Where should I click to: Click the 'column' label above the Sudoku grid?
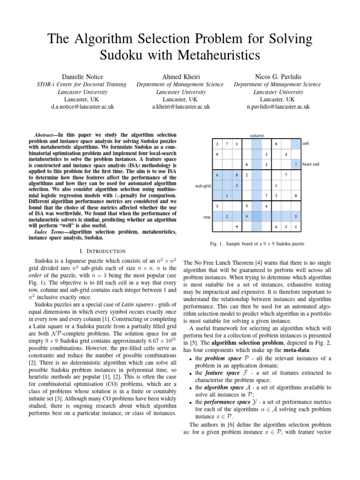coord(257,135)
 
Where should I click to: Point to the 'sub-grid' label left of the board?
coord(202,186)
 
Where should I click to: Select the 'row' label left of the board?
coord(206,217)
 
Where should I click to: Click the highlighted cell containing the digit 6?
coord(217,175)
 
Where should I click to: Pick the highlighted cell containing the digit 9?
coord(247,217)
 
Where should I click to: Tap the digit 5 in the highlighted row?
coord(295,217)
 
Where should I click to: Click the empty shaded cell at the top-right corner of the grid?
coord(295,143)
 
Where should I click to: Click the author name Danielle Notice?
coord(82,76)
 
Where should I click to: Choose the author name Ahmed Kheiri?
coord(180,76)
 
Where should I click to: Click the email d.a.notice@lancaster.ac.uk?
coord(82,107)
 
